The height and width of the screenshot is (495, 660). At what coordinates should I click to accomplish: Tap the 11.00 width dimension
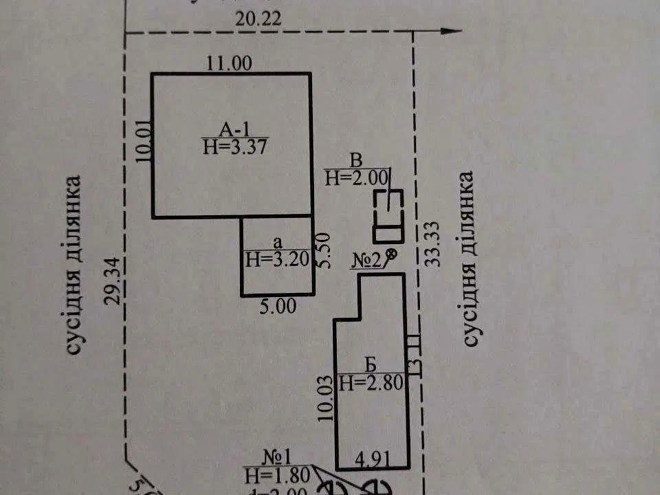tap(230, 63)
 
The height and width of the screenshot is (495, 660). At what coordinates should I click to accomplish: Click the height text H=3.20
tap(278, 259)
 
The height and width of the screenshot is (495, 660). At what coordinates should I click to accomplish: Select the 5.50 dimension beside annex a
tap(325, 251)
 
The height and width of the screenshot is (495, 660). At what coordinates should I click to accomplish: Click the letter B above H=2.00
tap(356, 161)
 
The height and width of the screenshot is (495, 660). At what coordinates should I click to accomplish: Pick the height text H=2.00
tap(357, 177)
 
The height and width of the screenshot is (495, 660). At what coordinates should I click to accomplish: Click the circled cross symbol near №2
tap(392, 255)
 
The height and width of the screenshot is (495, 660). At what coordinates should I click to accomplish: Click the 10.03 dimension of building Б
tap(327, 401)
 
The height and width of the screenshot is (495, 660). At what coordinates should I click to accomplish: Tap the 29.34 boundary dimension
tap(115, 280)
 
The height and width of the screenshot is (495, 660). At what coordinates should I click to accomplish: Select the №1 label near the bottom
tap(280, 457)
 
